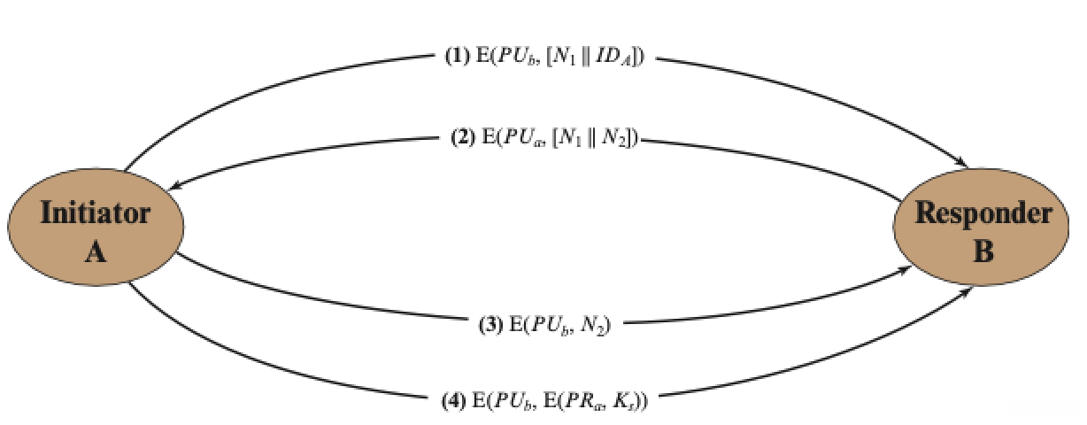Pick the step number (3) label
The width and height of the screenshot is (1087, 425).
point(492,325)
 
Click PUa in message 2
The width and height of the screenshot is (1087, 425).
point(524,140)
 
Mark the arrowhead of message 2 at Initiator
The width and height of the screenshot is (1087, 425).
point(177,187)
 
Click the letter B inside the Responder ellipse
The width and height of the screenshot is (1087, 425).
point(983,251)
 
